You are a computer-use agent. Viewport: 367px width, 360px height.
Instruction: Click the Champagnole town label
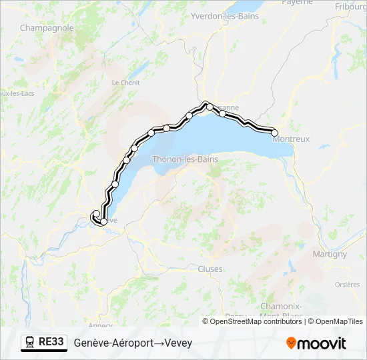[47, 28]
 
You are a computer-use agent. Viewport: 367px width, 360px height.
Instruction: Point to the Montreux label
[292, 139]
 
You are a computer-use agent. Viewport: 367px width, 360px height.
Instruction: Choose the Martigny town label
[330, 254]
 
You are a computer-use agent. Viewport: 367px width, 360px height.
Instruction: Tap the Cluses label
[210, 269]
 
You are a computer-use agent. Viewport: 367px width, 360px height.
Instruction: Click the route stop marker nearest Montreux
[274, 133]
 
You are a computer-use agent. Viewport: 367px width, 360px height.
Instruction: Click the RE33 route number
[51, 342]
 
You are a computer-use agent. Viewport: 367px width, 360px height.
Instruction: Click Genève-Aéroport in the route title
[113, 343]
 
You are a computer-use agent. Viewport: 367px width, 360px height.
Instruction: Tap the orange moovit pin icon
[291, 343]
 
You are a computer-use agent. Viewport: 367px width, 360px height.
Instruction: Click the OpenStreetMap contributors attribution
[256, 321]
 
